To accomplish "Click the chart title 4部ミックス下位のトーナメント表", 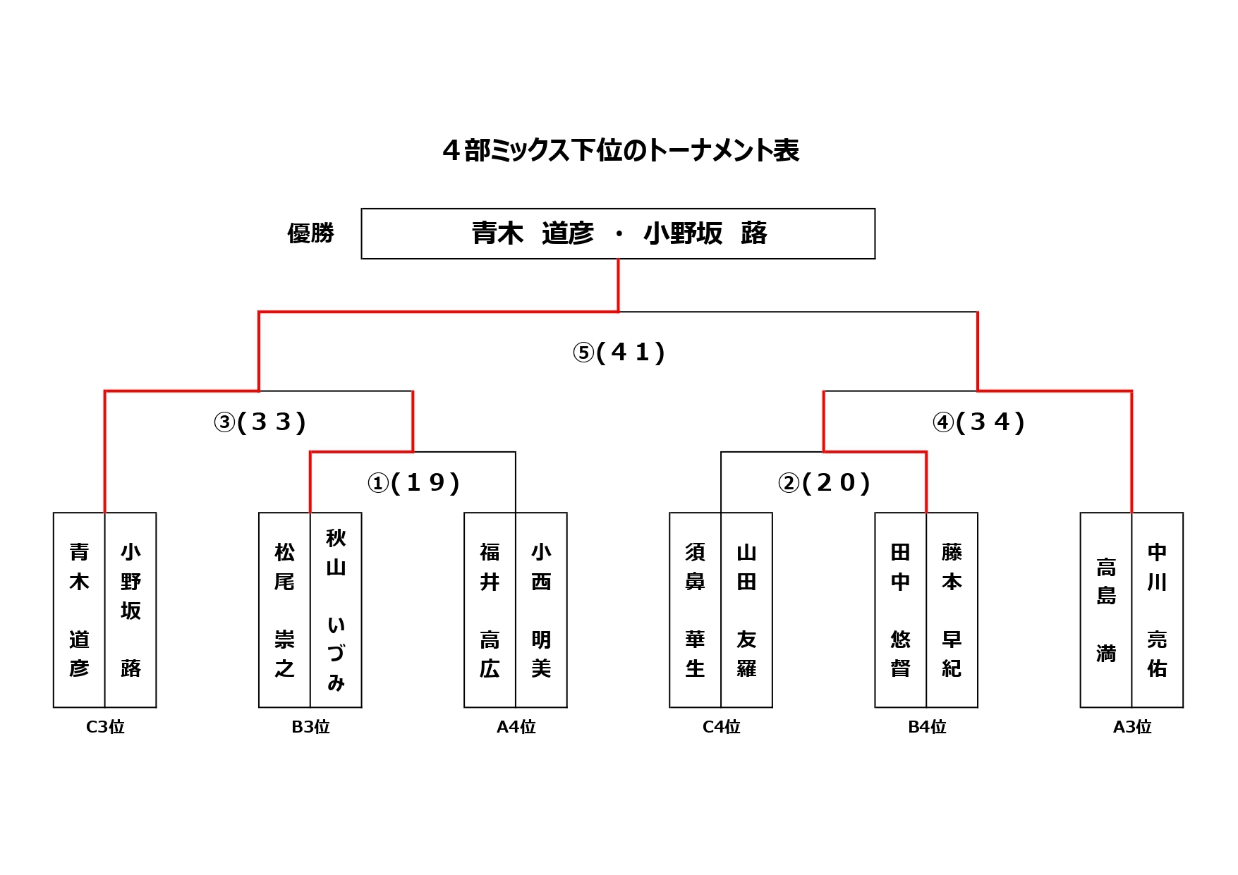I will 620,150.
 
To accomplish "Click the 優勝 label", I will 310,233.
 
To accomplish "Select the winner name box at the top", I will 618,233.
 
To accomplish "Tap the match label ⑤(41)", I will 619,352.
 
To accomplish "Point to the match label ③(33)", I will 260,422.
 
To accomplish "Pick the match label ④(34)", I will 978,422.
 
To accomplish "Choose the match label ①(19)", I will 413,483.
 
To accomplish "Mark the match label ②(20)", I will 824,483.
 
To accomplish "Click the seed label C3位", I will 105,727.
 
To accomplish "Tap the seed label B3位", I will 310,727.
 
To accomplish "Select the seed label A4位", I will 516,727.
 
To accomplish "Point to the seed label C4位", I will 721,727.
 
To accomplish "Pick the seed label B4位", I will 926,727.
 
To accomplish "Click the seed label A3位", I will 1131,727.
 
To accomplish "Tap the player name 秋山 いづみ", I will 336,610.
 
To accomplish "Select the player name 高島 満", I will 1105,610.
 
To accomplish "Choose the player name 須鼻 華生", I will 695,610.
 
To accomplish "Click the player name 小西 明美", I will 541,610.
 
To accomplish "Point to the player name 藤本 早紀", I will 952,610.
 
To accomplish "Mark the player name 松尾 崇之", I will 284,610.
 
